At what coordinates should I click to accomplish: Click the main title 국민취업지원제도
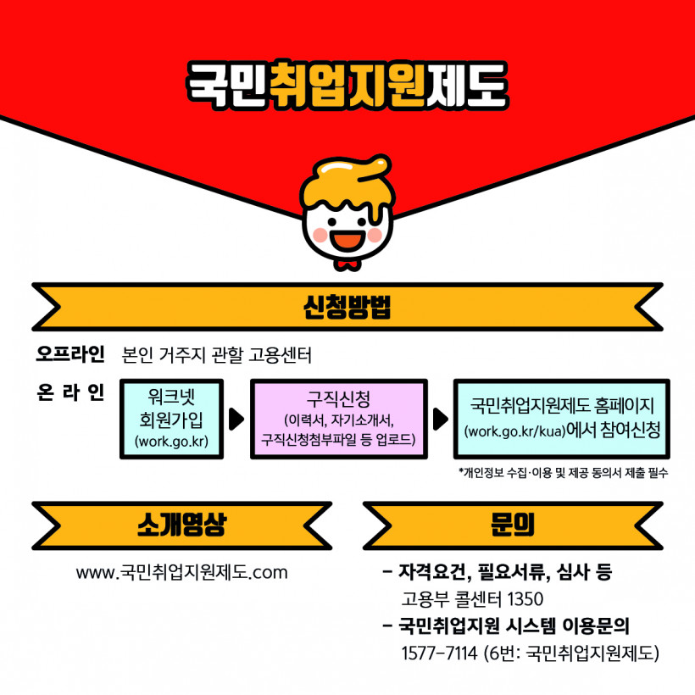(347, 85)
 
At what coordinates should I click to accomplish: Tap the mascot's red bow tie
(347, 265)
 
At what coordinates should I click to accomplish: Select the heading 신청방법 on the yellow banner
(347, 307)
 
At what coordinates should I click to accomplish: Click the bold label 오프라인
(70, 354)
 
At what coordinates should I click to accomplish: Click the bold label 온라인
(70, 392)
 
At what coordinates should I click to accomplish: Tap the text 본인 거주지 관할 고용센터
(216, 355)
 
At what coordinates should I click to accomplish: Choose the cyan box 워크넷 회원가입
(171, 419)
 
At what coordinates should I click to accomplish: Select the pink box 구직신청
(339, 419)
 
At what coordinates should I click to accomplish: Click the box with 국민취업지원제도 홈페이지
(562, 419)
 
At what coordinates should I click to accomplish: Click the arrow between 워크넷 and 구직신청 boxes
(236, 419)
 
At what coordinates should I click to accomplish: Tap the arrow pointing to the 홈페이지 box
(440, 419)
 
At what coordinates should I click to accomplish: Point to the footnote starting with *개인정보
(563, 473)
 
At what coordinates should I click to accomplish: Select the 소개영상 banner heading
(181, 525)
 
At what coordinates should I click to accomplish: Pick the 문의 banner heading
(513, 525)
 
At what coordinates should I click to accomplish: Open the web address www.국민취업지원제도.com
(181, 572)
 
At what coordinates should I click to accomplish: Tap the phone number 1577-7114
(439, 653)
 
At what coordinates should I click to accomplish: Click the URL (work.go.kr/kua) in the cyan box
(515, 431)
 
